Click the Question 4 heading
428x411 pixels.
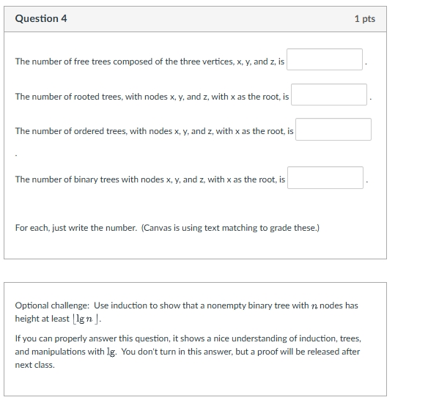coord(41,18)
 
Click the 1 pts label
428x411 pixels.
coord(364,19)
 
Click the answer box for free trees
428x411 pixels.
coord(325,60)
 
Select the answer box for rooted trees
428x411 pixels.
coord(329,95)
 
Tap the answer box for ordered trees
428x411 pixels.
coord(333,130)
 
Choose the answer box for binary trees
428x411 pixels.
coord(325,178)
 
